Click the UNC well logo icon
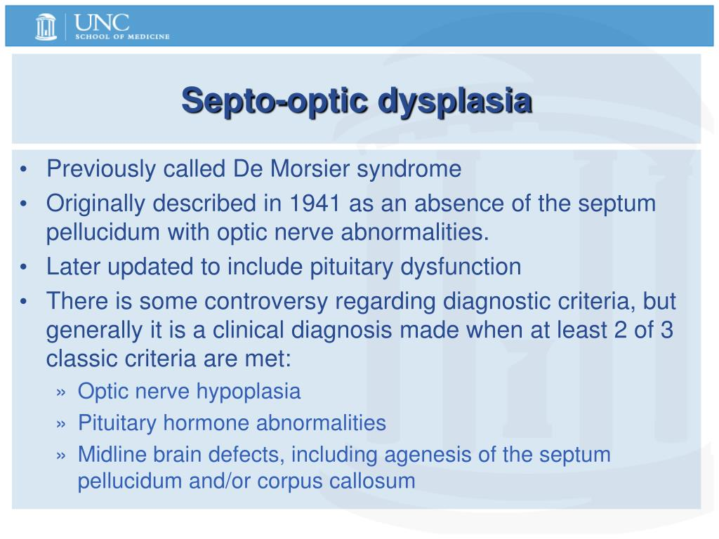[x=46, y=27]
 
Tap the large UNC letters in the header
[x=101, y=22]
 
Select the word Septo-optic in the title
[x=275, y=102]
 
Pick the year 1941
[x=315, y=203]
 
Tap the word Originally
[x=95, y=205]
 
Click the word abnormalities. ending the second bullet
[x=415, y=232]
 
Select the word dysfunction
[x=461, y=267]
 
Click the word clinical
[x=248, y=330]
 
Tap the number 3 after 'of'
[x=667, y=330]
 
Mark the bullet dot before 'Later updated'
[x=24, y=267]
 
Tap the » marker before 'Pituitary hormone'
[x=61, y=425]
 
